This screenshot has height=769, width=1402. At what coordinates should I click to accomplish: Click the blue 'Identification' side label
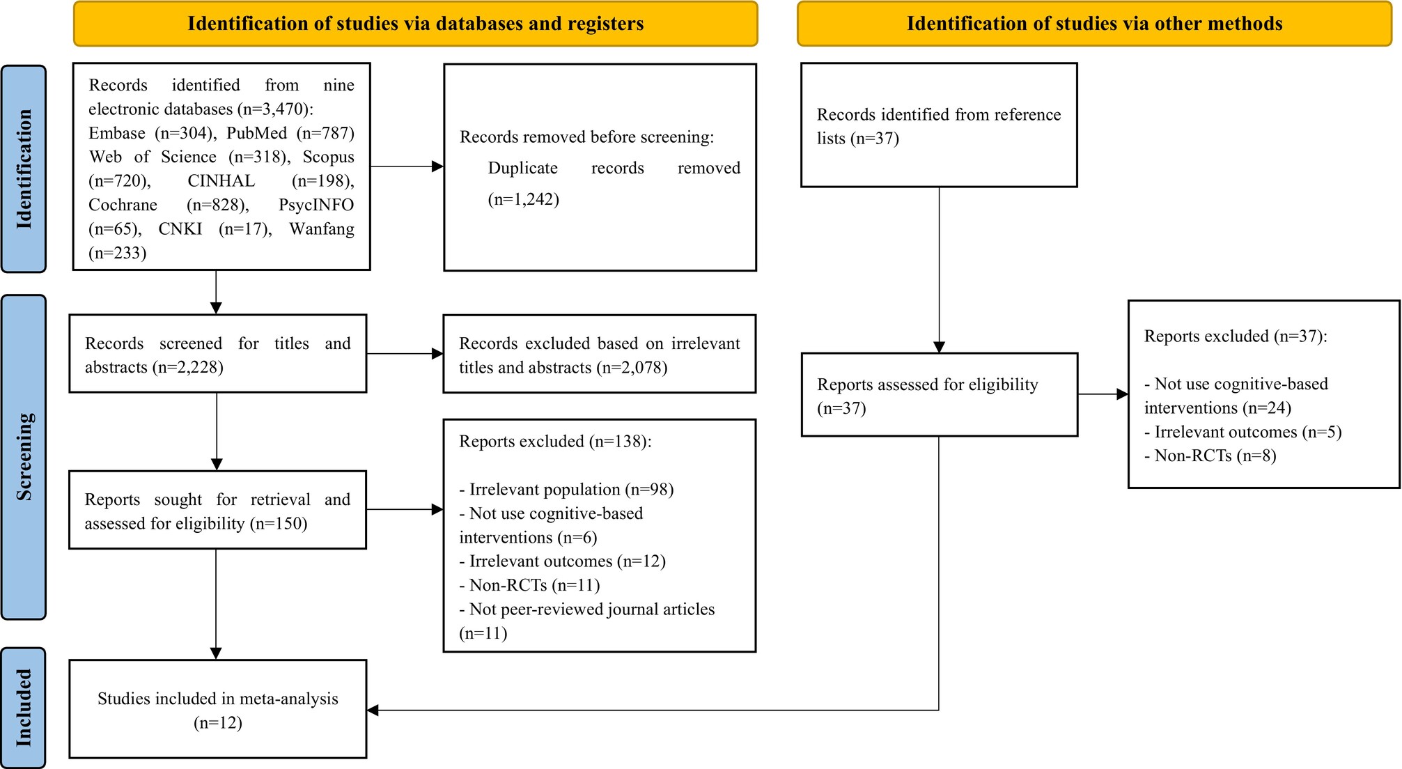click(24, 169)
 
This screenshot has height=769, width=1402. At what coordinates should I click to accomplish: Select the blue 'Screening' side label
click(24, 457)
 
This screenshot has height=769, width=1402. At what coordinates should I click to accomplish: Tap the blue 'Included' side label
click(24, 708)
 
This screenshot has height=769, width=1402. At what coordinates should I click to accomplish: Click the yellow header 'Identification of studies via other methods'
click(1094, 24)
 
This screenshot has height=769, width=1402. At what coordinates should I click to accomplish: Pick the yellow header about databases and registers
click(416, 24)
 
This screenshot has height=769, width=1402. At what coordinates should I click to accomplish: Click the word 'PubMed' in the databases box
click(256, 133)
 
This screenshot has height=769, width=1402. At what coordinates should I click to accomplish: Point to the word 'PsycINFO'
click(316, 205)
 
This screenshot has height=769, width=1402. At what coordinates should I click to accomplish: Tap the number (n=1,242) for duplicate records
click(524, 200)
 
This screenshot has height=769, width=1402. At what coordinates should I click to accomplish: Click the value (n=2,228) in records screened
click(188, 367)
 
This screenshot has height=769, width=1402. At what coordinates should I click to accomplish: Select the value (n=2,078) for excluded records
click(632, 367)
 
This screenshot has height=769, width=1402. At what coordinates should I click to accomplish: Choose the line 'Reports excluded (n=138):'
click(556, 442)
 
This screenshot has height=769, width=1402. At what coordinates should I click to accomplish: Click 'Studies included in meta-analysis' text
click(218, 699)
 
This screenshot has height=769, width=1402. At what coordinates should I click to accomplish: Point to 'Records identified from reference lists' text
click(939, 126)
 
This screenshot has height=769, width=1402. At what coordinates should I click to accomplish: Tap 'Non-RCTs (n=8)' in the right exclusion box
click(1215, 456)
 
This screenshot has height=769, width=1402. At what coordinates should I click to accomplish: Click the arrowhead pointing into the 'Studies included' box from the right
click(373, 710)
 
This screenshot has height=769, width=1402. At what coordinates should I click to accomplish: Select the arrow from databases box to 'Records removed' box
click(407, 166)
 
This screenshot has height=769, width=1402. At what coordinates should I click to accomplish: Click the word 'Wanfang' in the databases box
click(322, 229)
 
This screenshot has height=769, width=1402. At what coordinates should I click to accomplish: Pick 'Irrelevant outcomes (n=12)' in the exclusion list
click(568, 561)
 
